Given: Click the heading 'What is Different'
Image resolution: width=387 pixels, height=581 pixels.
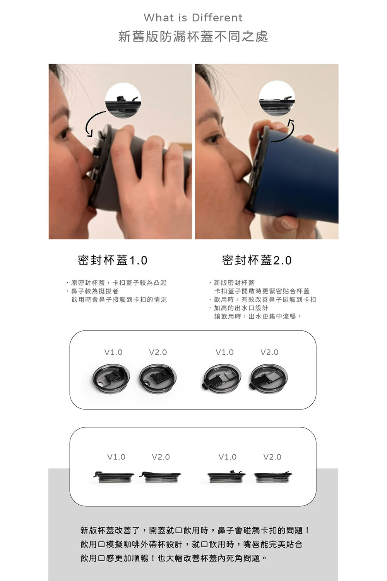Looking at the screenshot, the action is point(193,18).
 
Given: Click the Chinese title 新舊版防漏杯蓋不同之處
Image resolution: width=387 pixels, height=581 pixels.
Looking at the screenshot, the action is point(193,36).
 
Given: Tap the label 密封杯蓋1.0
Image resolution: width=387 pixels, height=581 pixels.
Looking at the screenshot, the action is point(113,260).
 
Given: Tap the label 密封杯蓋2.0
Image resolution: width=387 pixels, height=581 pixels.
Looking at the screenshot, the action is point(257,260).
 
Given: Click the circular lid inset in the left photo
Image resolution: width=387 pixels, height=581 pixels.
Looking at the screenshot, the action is point(123,100).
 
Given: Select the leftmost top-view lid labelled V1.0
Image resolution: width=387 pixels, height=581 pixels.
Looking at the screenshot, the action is point(110,379).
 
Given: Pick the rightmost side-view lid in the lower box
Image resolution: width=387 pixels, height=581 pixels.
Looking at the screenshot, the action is point(273,477).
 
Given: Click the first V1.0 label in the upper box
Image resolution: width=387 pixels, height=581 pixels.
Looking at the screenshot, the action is point(113,352).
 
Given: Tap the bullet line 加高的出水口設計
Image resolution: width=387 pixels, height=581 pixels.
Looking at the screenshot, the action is point(239,308).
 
